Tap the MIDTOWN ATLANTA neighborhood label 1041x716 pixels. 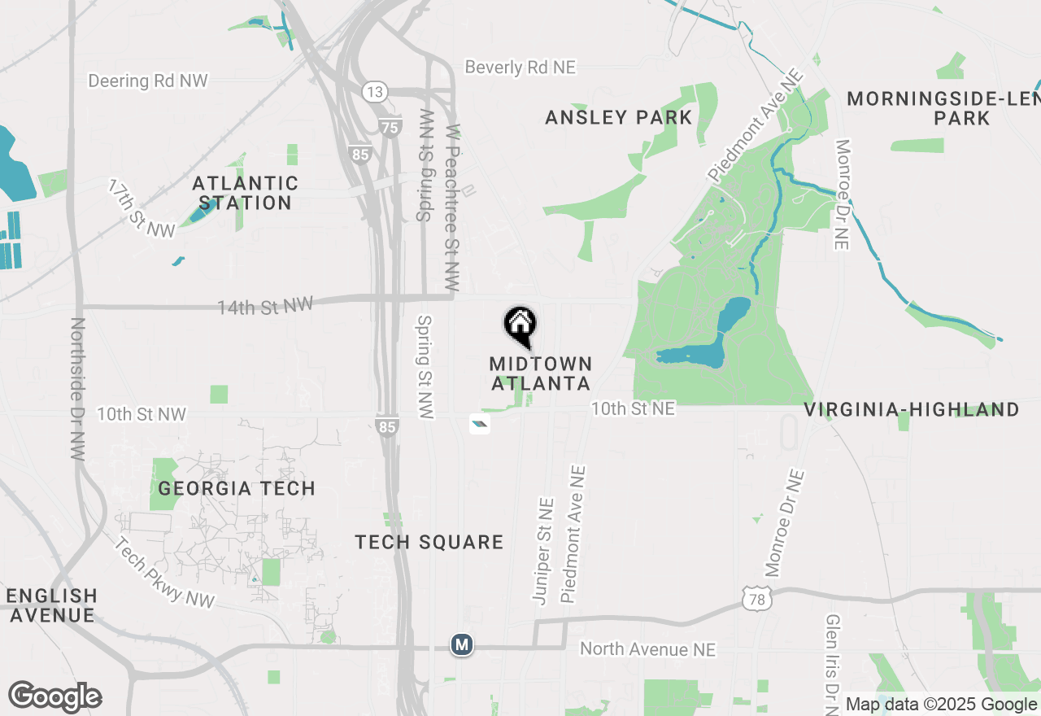coord(541,373)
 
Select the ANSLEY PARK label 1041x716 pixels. coord(618,118)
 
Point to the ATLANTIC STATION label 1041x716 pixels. coord(245,193)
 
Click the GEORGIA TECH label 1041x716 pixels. coord(237,488)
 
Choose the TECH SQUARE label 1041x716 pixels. coord(429,542)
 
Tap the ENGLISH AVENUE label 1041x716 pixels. coord(52,605)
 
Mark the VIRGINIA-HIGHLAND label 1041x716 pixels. coord(912,409)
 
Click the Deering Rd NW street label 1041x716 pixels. coord(148,81)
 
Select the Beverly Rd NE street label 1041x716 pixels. coord(520,68)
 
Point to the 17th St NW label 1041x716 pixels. coord(142,209)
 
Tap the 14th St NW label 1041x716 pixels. coord(265,306)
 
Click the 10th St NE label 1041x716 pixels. coord(633,408)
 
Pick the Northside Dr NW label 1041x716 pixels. coord(78,389)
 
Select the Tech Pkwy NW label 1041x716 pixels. coord(164,573)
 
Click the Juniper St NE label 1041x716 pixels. coord(542,551)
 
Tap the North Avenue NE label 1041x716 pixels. coord(647,649)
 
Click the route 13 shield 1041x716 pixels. coord(374,92)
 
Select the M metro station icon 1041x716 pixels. coord(462,645)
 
